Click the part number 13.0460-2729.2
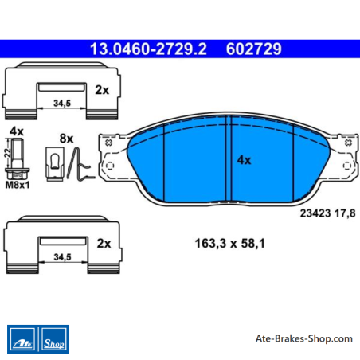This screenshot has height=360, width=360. [x=148, y=49]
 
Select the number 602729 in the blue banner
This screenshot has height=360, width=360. [x=253, y=49]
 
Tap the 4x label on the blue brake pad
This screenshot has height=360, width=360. [x=244, y=160]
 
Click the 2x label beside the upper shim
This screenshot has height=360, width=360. [x=102, y=90]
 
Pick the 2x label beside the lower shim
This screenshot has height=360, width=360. [x=104, y=244]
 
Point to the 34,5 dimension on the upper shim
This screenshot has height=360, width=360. [x=62, y=103]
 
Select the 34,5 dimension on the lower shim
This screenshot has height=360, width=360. [x=62, y=257]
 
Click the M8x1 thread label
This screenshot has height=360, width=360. [x=18, y=185]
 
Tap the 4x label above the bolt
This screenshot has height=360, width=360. [x=17, y=131]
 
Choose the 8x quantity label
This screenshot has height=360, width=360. [x=66, y=139]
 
